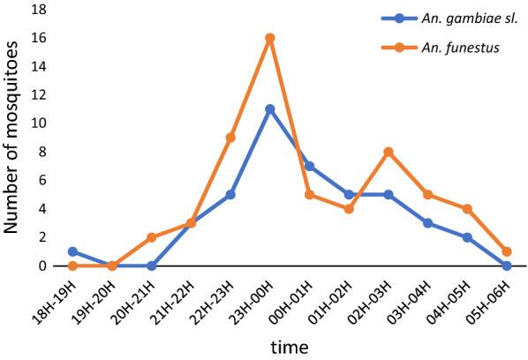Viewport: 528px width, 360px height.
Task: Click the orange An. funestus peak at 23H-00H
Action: pos(270,38)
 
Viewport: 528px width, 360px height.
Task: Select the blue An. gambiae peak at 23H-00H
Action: pos(270,109)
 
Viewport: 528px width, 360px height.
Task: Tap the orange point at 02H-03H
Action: pos(388,152)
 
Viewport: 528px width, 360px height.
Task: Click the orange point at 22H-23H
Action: pos(230,137)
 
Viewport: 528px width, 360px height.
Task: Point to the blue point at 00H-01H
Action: pos(309,166)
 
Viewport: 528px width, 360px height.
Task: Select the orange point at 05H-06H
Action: pos(506,251)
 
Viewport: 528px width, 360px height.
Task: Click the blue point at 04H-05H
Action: pos(466,237)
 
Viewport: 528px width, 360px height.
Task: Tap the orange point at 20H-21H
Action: pos(152,237)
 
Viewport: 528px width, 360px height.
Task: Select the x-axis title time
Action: pos(290,347)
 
